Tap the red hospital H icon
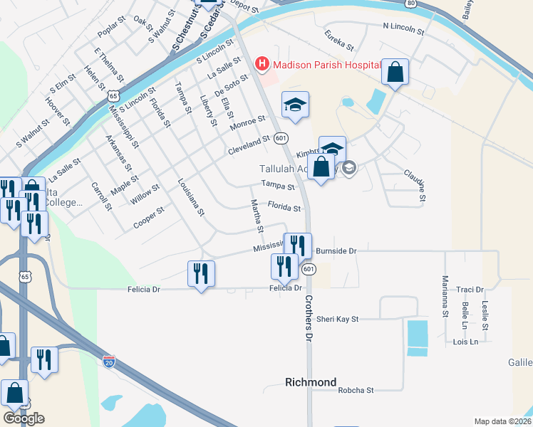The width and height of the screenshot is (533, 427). [262, 64]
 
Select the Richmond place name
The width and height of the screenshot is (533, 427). [311, 382]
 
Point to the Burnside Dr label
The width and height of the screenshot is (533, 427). [336, 251]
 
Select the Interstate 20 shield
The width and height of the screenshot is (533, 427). [109, 362]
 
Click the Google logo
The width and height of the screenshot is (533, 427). [24, 418]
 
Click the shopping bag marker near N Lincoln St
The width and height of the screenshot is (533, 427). [395, 71]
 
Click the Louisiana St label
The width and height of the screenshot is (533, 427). [192, 197]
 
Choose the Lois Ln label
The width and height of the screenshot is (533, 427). [465, 342]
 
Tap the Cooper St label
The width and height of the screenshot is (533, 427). [149, 219]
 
